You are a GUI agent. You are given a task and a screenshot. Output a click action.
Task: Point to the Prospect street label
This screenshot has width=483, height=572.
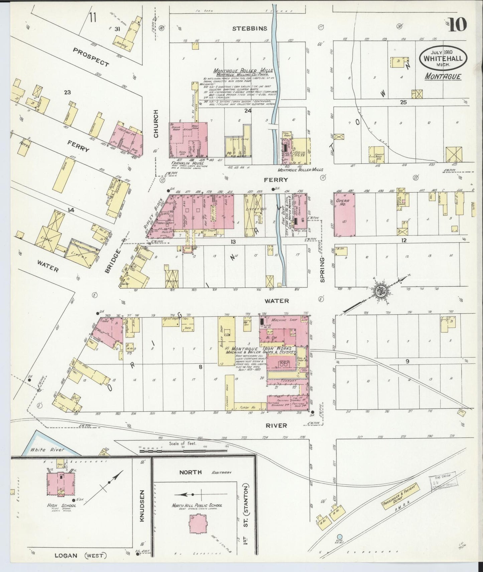tap(91, 57)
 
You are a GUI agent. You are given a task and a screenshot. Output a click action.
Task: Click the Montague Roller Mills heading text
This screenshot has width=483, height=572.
tap(243, 71)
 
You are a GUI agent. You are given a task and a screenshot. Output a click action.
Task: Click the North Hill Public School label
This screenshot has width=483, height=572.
tap(197, 505)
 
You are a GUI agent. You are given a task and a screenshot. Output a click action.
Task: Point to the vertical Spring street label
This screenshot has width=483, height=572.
tap(323, 269)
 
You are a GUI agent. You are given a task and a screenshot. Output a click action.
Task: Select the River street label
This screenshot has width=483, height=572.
tap(276, 425)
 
